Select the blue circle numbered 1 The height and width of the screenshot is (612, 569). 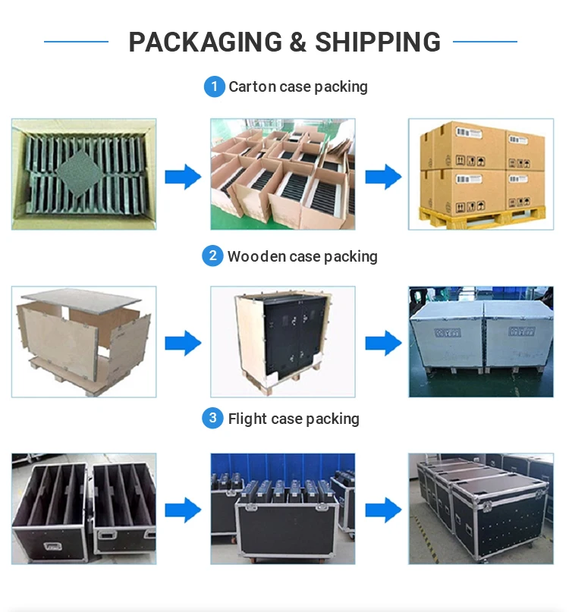[x=214, y=87]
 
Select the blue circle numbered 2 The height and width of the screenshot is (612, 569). [x=212, y=256]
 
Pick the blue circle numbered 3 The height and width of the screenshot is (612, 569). [x=212, y=419]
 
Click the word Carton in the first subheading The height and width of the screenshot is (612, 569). [x=252, y=87]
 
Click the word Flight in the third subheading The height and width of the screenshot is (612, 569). [x=247, y=419]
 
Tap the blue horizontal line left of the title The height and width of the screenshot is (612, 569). [x=76, y=42]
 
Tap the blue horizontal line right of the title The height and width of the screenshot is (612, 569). [x=485, y=42]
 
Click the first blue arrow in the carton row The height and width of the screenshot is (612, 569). [x=183, y=177]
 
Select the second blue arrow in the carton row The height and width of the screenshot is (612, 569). [x=382, y=177]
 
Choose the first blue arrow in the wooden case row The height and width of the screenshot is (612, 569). [x=183, y=343]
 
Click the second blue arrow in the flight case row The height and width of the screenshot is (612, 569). [x=382, y=510]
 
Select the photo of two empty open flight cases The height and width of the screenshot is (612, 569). [x=83, y=507]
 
